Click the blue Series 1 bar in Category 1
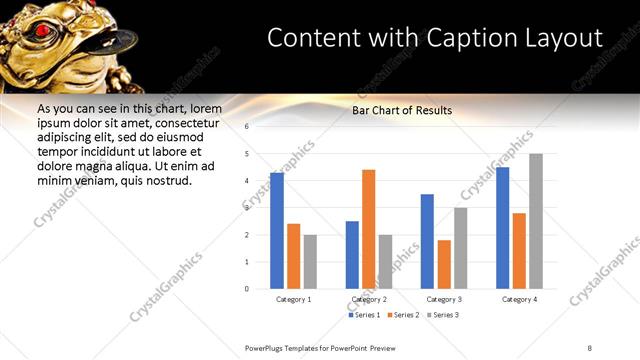click(x=277, y=231)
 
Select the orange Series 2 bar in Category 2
click(x=368, y=229)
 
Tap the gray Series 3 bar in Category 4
click(x=536, y=221)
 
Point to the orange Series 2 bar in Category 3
click(x=444, y=264)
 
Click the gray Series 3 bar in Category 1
click(x=310, y=261)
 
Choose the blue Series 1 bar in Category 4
click(x=502, y=228)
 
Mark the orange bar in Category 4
click(x=519, y=251)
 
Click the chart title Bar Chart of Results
click(x=402, y=110)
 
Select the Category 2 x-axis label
click(x=369, y=299)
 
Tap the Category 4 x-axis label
click(x=519, y=299)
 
